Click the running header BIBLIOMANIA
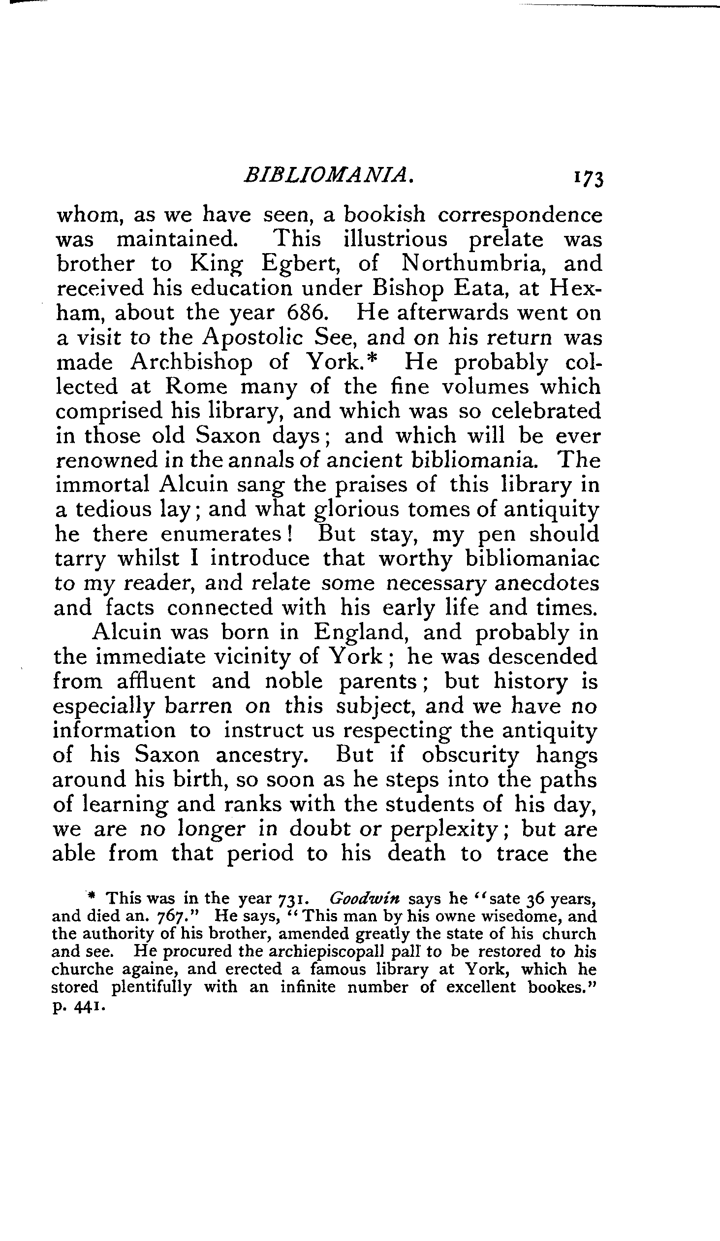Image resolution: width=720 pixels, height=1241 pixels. tap(328, 175)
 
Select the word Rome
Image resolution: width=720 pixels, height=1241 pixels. tap(196, 387)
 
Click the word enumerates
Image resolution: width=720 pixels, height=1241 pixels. tap(227, 534)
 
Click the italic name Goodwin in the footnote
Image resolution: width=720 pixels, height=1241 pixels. tap(365, 899)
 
